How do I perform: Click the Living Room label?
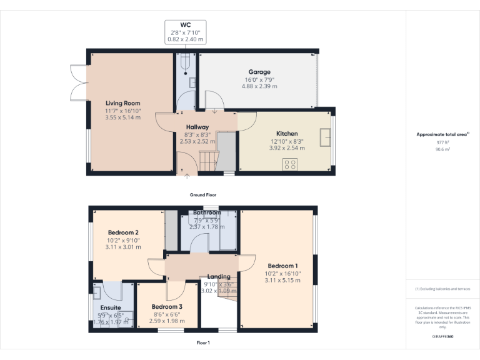[x=122, y=103]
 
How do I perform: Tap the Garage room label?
[x=259, y=72]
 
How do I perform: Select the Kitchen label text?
[x=287, y=134]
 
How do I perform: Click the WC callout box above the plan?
[x=185, y=32]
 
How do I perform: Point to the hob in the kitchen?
[x=290, y=164]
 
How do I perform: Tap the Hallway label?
[x=197, y=127]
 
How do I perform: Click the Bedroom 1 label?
[x=282, y=266]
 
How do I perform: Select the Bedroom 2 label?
[x=123, y=232]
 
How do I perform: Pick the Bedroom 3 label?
[x=167, y=306]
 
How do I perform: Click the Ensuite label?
[x=111, y=307]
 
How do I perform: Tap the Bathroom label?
[x=207, y=213]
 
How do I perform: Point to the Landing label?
[x=219, y=276]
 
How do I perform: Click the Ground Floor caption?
[x=203, y=195]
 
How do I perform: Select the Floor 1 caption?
[x=203, y=342]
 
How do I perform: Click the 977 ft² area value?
[x=442, y=142]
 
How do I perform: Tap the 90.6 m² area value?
[x=442, y=149]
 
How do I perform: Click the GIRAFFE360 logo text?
[x=442, y=337]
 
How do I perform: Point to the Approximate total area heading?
[x=442, y=134]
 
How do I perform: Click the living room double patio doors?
[x=78, y=81]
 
